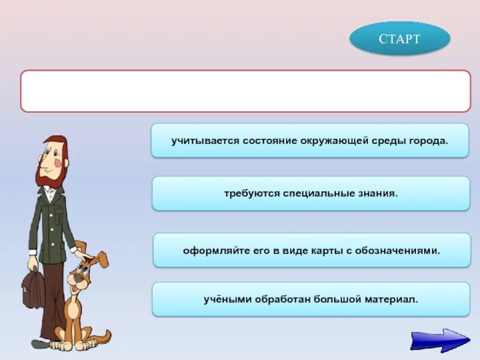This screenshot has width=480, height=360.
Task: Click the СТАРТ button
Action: [400, 39]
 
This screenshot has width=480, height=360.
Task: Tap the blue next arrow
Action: [440, 339]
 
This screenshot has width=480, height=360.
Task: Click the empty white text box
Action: [245, 91]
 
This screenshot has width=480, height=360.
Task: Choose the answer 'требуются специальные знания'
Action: [311, 193]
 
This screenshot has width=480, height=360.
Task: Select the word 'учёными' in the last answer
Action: [224, 299]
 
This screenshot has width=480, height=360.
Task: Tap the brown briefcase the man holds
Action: [33, 288]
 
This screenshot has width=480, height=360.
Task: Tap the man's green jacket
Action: [51, 222]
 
